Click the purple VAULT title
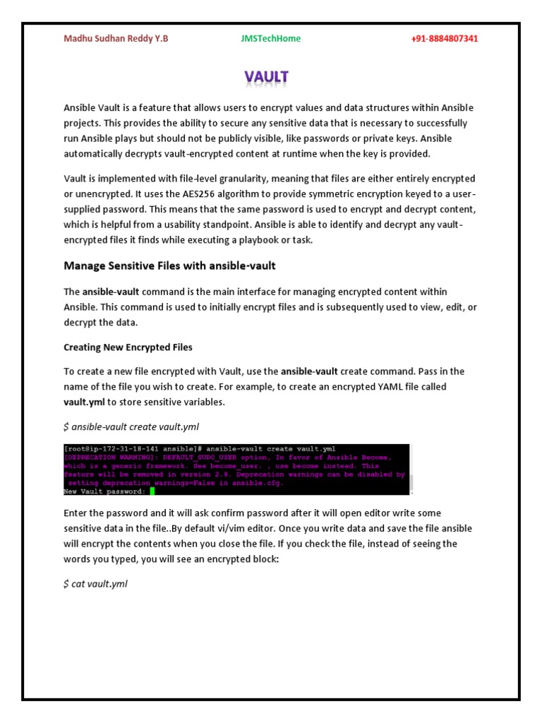click(267, 76)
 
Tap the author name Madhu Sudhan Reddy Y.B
click(116, 38)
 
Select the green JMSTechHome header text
click(270, 38)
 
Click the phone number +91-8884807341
click(444, 38)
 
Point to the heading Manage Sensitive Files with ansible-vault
click(169, 265)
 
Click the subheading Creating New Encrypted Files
click(128, 347)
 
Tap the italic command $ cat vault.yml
click(95, 584)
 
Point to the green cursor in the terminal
click(152, 491)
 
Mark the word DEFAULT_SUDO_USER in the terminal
click(187, 458)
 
